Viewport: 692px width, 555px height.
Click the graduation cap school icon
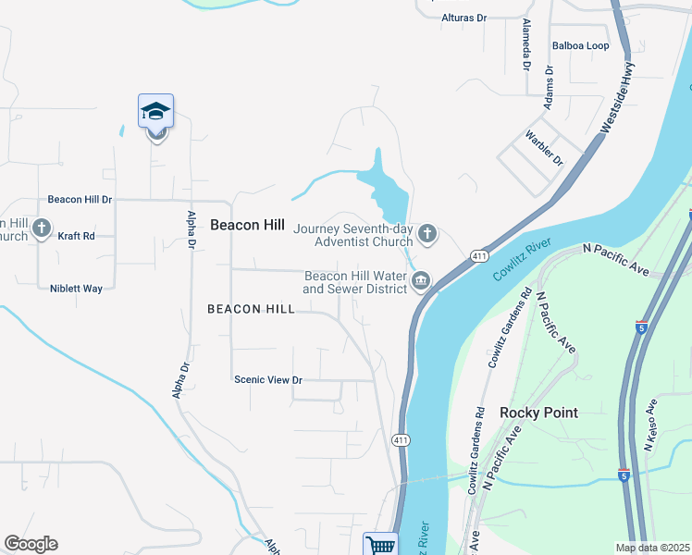click(156, 112)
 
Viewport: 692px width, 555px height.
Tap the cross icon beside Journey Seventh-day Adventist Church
click(427, 233)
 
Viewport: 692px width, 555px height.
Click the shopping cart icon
click(380, 545)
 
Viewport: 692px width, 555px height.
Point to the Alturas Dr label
click(463, 18)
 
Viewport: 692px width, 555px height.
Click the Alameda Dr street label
click(525, 45)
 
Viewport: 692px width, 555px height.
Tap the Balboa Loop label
click(580, 45)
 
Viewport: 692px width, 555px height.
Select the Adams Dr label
click(549, 88)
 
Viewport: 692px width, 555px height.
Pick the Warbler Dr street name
click(544, 146)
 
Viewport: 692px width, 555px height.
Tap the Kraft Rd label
click(76, 236)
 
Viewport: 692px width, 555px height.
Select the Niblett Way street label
click(76, 288)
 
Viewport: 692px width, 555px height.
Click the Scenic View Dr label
click(268, 379)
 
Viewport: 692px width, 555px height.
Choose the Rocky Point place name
click(538, 412)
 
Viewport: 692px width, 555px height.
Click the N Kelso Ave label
click(649, 425)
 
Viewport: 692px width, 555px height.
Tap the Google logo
click(31, 544)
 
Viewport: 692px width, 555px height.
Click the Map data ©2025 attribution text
click(652, 548)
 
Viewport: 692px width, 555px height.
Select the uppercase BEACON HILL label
click(251, 309)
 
